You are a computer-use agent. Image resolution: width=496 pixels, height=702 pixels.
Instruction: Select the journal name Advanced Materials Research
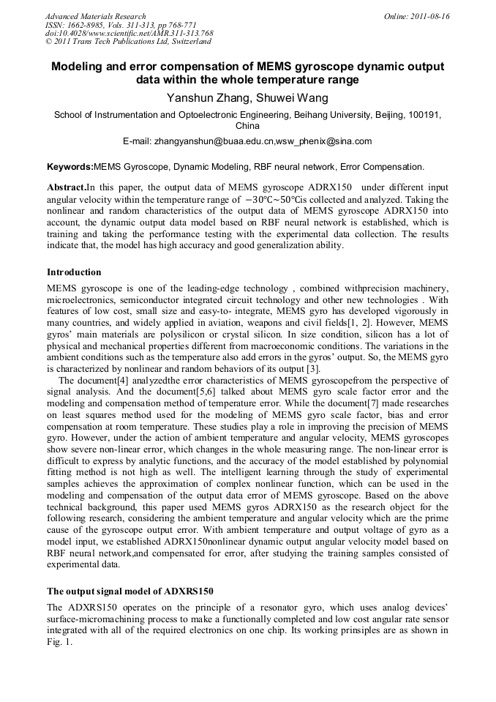click(x=95, y=16)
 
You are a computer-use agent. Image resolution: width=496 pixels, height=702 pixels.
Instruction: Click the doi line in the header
click(x=129, y=33)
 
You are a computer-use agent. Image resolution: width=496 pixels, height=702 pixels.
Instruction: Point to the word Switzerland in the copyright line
click(x=185, y=42)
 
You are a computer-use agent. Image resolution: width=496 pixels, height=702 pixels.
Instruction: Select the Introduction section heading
click(x=74, y=272)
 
